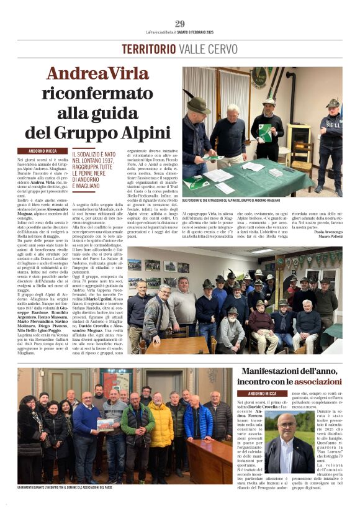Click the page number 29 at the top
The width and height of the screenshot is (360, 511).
coord(180,24)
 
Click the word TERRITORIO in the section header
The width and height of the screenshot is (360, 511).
coord(146,49)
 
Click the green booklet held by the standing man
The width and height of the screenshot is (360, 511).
coord(265,132)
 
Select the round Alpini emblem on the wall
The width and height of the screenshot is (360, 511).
coord(261,77)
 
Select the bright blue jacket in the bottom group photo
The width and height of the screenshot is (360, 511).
coord(198,421)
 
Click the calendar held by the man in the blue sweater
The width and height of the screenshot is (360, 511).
coord(105,424)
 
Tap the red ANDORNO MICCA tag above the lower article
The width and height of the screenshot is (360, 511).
coord(263,393)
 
